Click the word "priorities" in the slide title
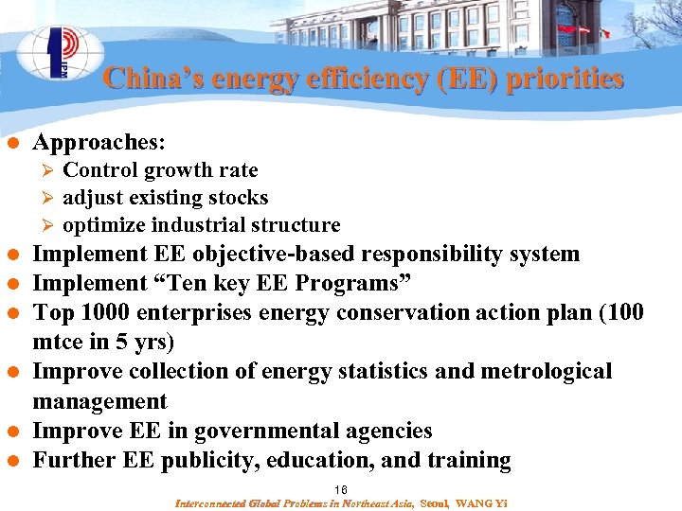click(x=565, y=78)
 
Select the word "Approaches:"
click(x=99, y=143)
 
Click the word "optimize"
click(x=101, y=225)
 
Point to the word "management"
click(x=99, y=402)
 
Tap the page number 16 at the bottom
click(x=341, y=489)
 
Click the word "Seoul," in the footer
click(x=436, y=502)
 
